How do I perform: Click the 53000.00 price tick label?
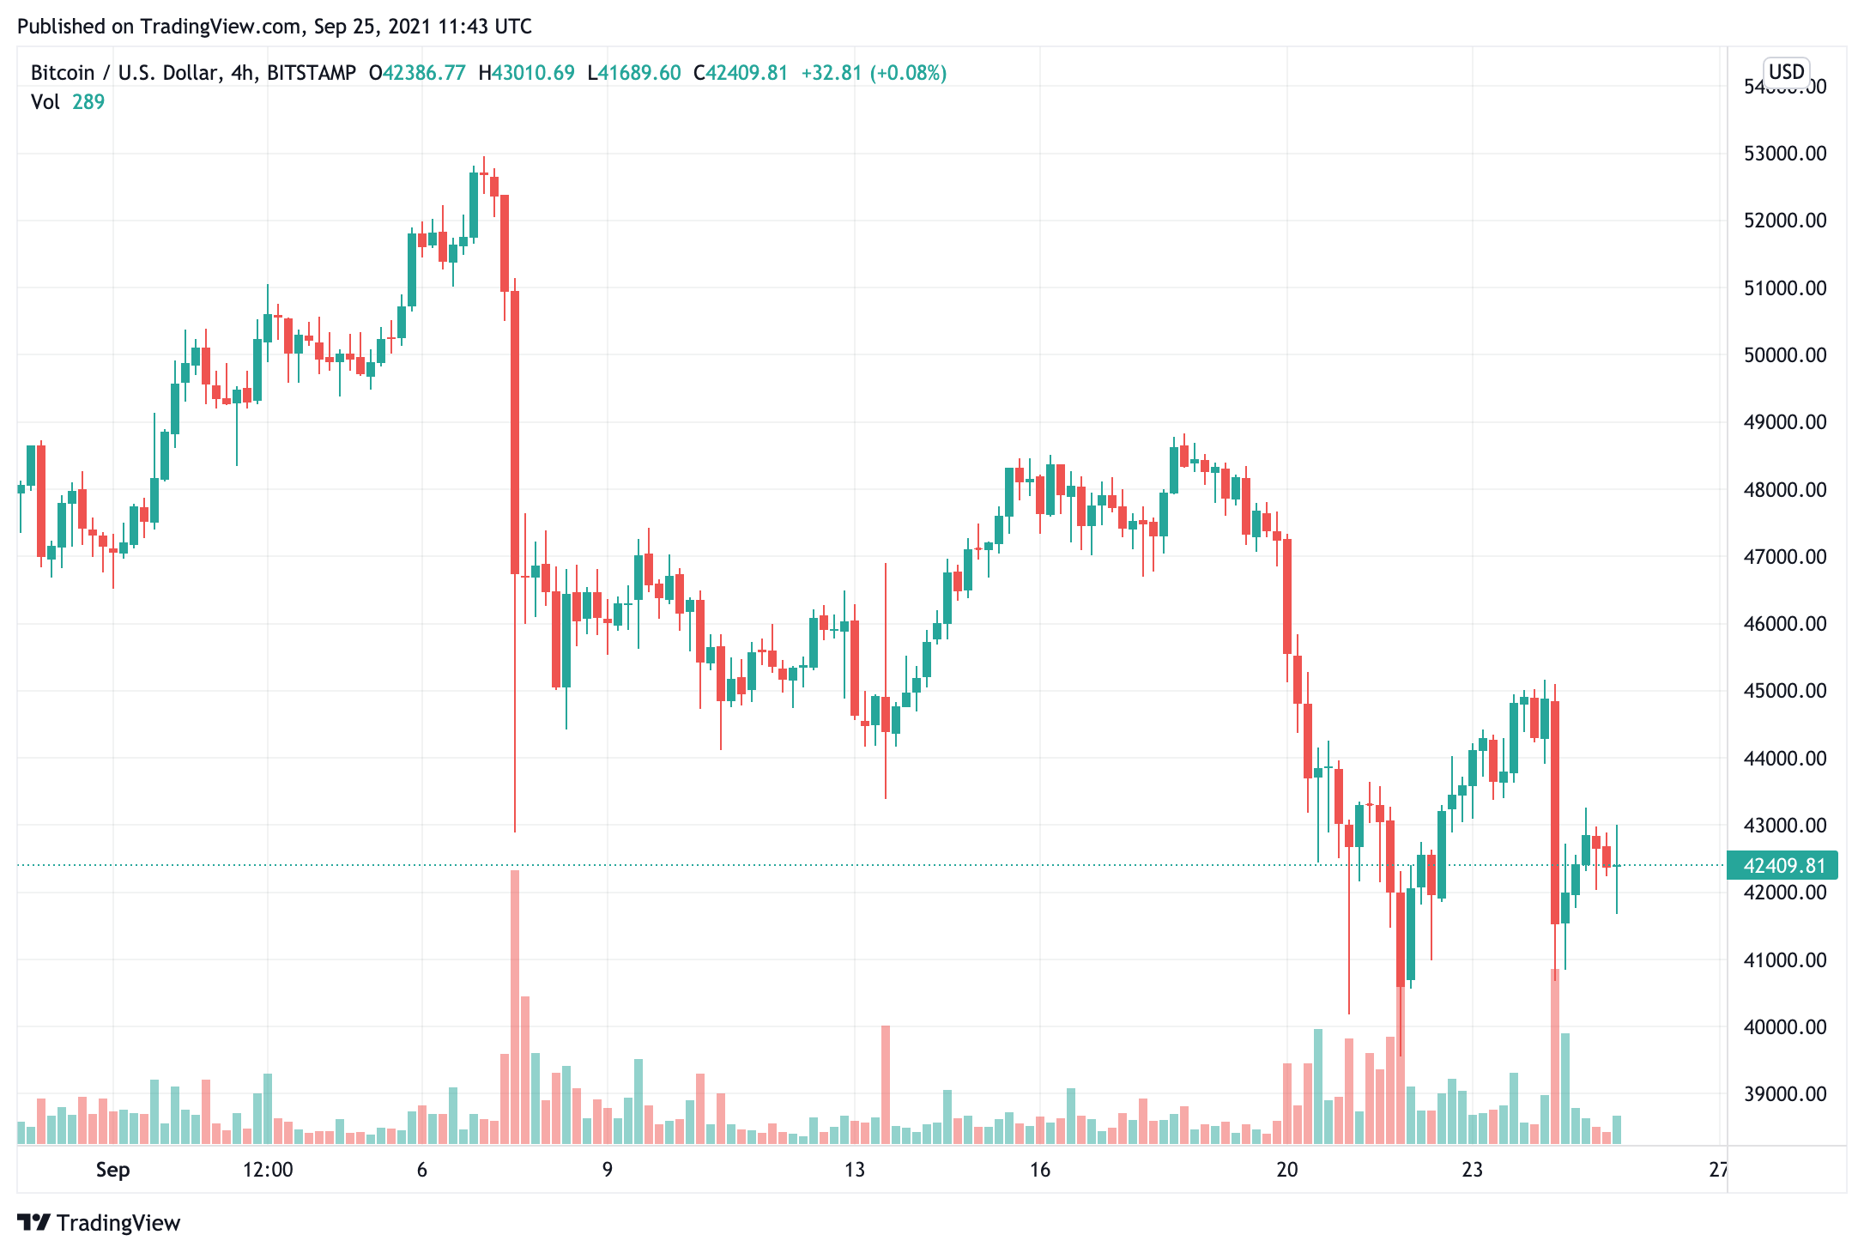[x=1785, y=154]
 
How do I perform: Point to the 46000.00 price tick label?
[x=1785, y=624]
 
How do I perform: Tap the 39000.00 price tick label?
[x=1785, y=1094]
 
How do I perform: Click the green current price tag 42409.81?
[x=1783, y=865]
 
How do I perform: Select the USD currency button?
[x=1787, y=71]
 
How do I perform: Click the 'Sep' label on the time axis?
[x=112, y=1170]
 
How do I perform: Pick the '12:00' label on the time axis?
[x=268, y=1170]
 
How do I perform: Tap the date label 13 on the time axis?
[x=854, y=1170]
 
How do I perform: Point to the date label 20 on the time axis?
[x=1286, y=1170]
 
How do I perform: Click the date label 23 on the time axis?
[x=1472, y=1170]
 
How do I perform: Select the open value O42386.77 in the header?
[x=417, y=73]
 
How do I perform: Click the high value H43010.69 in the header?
[x=526, y=73]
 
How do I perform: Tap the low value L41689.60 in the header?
[x=634, y=73]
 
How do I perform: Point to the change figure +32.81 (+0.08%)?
[x=874, y=73]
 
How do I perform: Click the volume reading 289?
[x=88, y=102]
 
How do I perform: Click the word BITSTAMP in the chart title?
[x=312, y=73]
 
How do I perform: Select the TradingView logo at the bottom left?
[x=100, y=1222]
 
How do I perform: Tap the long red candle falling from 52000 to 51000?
[x=505, y=244]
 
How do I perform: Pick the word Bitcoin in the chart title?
[x=63, y=73]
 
